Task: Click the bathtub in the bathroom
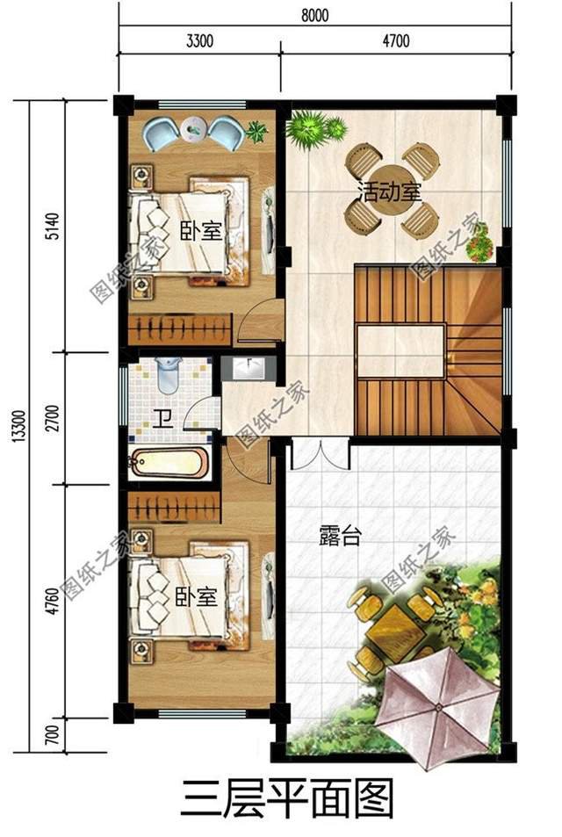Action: click(169, 463)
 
